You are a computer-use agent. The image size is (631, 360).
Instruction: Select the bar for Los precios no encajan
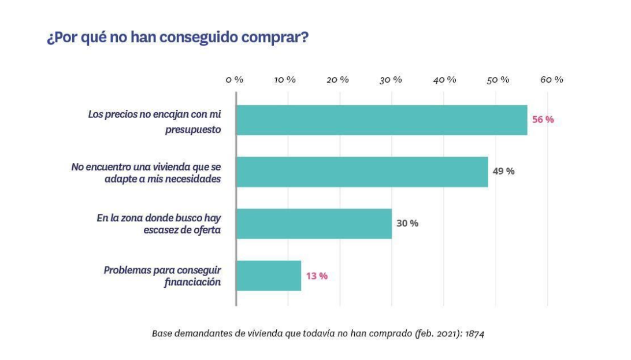click(x=381, y=120)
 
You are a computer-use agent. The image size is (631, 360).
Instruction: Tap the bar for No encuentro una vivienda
click(x=362, y=172)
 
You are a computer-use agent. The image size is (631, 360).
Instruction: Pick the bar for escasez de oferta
click(x=314, y=224)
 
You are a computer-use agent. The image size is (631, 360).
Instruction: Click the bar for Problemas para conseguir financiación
click(x=269, y=276)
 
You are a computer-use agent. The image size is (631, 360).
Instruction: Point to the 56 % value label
click(x=543, y=120)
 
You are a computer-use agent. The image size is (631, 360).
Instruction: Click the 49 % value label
click(x=503, y=172)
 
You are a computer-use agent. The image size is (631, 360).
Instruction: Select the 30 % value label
click(x=407, y=224)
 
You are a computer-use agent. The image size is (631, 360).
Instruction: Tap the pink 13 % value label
click(x=316, y=276)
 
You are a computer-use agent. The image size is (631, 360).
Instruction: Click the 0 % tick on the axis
click(x=235, y=80)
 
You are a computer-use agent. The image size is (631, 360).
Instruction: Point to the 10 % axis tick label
click(x=285, y=80)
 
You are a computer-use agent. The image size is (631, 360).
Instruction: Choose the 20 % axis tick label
click(x=337, y=80)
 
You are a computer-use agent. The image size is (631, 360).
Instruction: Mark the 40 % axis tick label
click(x=444, y=80)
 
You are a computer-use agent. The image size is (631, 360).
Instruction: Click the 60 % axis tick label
click(x=551, y=80)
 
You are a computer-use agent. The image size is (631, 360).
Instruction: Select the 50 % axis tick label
click(x=498, y=80)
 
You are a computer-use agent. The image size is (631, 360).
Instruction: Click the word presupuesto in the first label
click(x=191, y=130)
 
